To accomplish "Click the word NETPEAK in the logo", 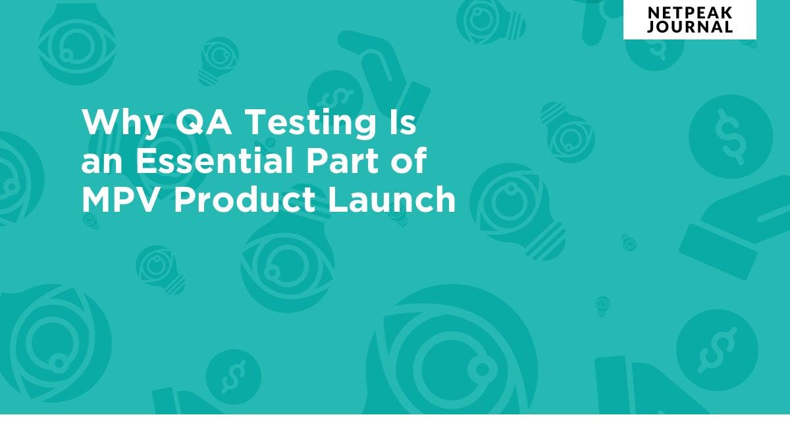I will coord(689,12).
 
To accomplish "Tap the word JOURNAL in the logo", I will coord(689,27).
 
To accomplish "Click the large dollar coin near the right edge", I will coord(730,137).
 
